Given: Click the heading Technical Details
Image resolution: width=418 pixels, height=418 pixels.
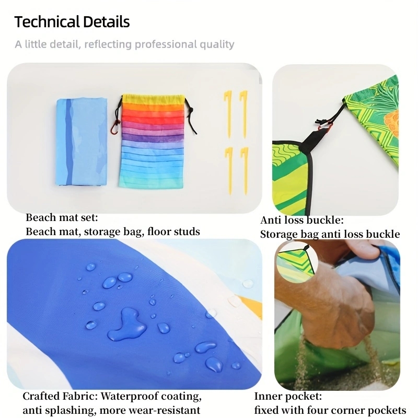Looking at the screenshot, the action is (x=72, y=21).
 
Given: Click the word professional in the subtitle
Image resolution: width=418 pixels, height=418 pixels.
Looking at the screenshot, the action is (x=166, y=44).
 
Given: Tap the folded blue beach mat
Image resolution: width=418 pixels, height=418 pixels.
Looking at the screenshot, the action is (x=82, y=142).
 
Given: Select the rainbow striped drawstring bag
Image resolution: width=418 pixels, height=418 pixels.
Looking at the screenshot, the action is (x=153, y=141).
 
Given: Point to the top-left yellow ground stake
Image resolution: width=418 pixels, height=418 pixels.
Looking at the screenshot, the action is (x=228, y=114).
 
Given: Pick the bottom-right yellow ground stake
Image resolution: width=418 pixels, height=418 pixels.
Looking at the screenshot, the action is (x=245, y=171).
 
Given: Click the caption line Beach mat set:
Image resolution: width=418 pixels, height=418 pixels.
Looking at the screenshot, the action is (x=62, y=217).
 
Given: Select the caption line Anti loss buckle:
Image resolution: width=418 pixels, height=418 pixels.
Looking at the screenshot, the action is (x=302, y=220).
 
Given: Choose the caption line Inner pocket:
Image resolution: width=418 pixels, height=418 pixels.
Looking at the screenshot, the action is (x=288, y=397).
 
